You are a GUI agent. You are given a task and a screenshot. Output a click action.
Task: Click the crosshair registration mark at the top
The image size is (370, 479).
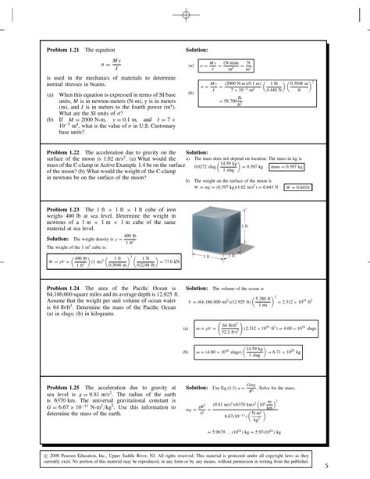point(186,14)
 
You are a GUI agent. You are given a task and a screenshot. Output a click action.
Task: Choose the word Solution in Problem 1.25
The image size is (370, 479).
point(197,387)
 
